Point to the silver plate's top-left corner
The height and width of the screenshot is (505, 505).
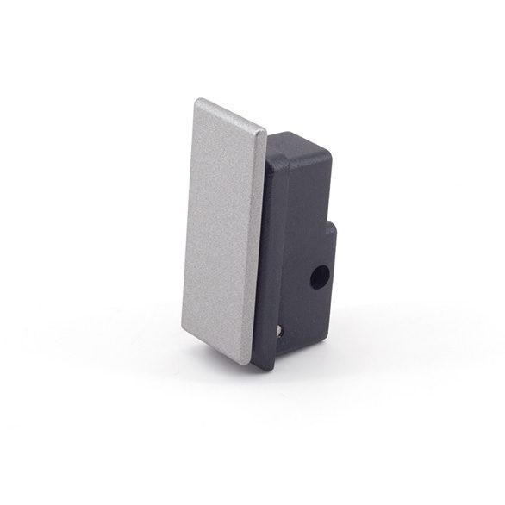click(x=197, y=101)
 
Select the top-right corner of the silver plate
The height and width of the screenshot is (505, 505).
click(x=265, y=132)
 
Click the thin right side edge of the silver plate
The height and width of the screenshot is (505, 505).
click(x=259, y=250)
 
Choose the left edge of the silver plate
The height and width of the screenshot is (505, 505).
click(x=189, y=215)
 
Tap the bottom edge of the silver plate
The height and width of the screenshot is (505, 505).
click(x=217, y=348)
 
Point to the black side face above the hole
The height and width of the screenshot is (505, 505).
click(x=306, y=215)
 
